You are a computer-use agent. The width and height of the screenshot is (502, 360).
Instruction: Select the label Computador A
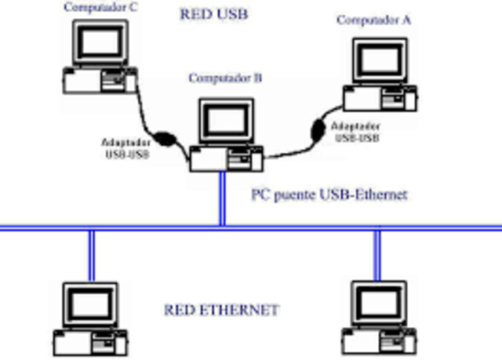pyautogui.click(x=373, y=20)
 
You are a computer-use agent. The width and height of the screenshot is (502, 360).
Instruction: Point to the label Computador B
pyautogui.click(x=225, y=78)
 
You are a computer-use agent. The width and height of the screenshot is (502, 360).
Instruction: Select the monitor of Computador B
pyautogui.click(x=227, y=122)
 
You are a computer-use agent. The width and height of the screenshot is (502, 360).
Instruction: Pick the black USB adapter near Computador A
pyautogui.click(x=319, y=129)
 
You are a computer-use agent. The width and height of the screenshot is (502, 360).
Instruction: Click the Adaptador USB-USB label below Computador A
pyautogui.click(x=357, y=132)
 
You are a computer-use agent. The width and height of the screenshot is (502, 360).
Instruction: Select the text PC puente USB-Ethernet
pyautogui.click(x=329, y=194)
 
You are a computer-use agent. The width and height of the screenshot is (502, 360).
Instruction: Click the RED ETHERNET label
pyautogui.click(x=221, y=310)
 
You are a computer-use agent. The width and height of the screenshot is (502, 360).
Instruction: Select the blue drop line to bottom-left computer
pyautogui.click(x=91, y=255)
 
